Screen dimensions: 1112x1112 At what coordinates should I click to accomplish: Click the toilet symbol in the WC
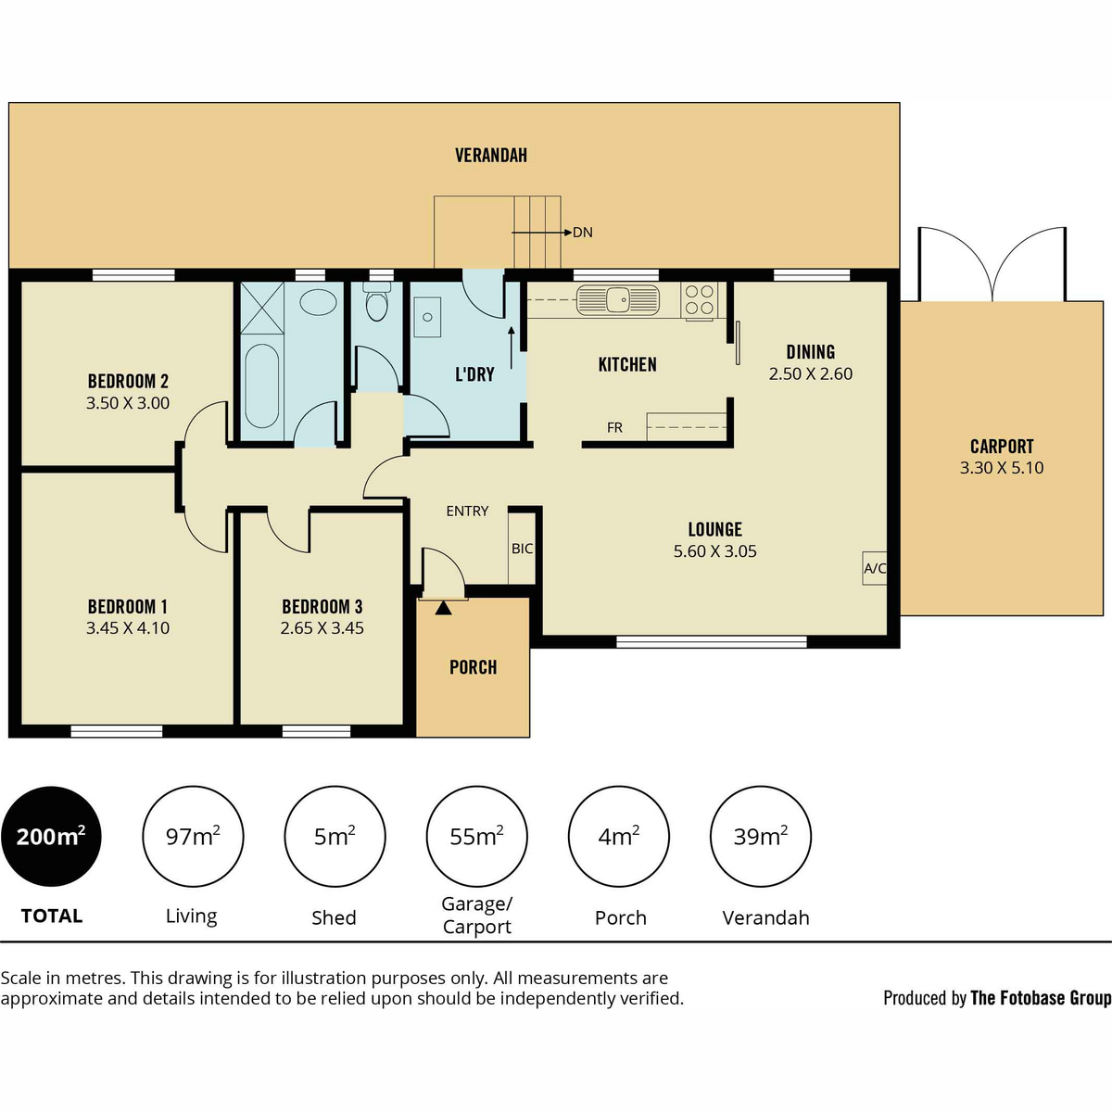point(377,302)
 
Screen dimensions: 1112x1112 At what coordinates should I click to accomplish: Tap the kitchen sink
point(617,300)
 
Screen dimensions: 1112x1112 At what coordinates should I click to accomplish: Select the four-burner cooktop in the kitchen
point(699,300)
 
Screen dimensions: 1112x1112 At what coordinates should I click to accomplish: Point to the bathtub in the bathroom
point(261,386)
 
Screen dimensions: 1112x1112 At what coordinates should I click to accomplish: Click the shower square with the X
point(262,308)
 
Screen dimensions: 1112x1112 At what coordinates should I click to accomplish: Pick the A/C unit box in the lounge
point(874,568)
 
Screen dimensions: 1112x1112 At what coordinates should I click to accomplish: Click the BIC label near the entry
point(523,549)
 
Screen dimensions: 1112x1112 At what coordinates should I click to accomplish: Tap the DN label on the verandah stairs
point(583,232)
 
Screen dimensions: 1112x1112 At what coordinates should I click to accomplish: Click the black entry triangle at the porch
point(443,608)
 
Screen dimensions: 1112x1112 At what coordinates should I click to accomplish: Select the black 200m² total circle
point(51,836)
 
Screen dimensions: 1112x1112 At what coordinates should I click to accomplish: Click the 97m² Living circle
point(193,836)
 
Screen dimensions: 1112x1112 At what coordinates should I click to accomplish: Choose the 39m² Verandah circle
point(761,836)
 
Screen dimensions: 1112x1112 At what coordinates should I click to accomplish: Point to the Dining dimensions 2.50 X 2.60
point(810,374)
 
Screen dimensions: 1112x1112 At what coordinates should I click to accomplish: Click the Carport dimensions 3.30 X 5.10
point(1002,467)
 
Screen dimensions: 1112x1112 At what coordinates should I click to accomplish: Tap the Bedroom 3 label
point(322,606)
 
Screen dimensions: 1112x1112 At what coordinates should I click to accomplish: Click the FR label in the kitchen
point(614,427)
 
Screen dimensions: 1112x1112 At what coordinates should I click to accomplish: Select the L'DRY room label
point(475,374)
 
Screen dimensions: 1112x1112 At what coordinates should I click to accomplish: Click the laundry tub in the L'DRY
point(427,317)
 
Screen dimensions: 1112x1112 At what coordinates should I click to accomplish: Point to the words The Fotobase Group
point(1041,998)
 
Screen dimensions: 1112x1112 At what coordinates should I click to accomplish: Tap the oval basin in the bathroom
point(319,302)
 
